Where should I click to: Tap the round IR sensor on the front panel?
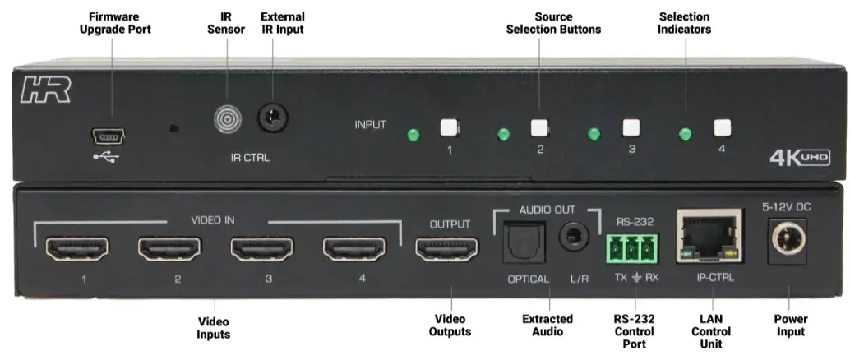pos(228,120)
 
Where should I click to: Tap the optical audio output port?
pos(520,242)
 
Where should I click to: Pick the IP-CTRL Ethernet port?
pos(705,235)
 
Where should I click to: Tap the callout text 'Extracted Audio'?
pos(543,325)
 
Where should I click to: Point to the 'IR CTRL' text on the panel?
pos(250,156)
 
